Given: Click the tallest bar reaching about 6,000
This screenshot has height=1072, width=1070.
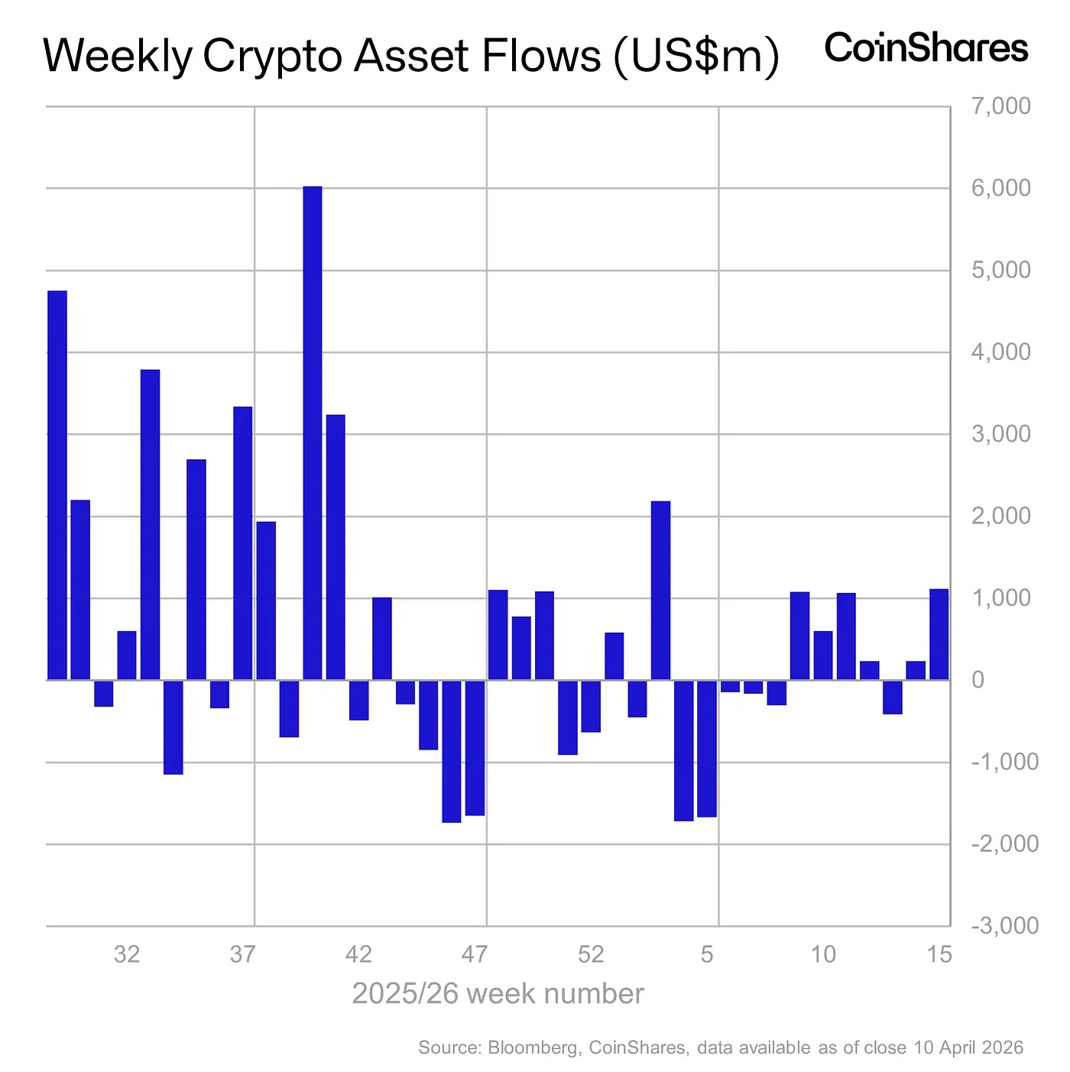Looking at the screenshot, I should (313, 432).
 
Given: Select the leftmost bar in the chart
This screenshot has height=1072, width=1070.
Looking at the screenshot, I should (57, 485).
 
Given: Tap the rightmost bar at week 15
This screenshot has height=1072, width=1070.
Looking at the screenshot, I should (939, 634).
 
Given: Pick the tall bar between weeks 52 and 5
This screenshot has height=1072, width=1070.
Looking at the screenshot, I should (660, 590).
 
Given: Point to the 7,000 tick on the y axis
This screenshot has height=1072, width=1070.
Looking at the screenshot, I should (1000, 106).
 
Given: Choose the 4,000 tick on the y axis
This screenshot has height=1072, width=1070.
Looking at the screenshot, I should (1000, 352).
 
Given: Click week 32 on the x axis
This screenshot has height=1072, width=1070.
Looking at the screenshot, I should (127, 954).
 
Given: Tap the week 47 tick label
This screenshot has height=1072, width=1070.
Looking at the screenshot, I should (475, 954).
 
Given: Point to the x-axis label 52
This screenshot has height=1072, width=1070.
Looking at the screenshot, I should (591, 954).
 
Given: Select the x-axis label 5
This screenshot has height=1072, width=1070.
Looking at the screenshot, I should (708, 954).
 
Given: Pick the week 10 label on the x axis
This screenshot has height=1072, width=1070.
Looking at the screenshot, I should (823, 954).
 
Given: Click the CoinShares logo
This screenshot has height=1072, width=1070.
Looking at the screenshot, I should (926, 48).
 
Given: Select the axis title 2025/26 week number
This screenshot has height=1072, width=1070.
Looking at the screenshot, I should (498, 994).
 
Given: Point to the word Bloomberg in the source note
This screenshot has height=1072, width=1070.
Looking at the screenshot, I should (532, 1048).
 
